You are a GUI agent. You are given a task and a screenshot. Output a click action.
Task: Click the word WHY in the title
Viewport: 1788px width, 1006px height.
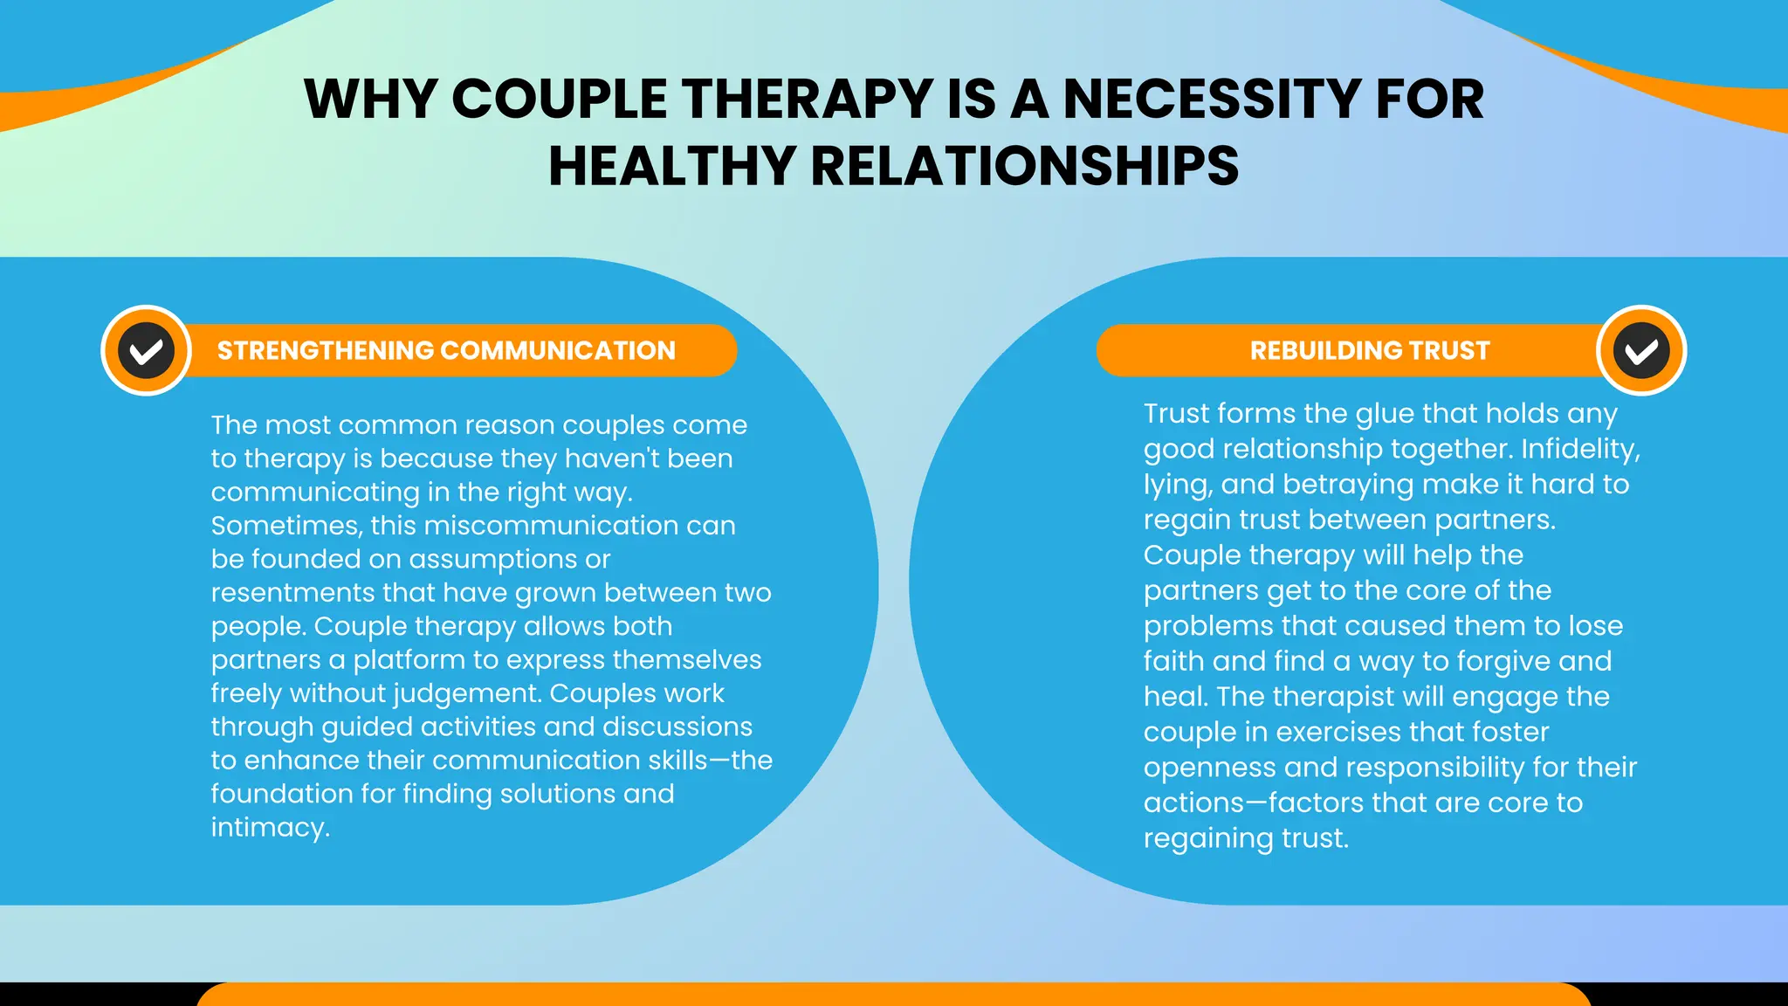(370, 99)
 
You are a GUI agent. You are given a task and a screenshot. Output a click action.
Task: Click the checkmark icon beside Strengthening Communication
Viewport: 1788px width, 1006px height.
(147, 350)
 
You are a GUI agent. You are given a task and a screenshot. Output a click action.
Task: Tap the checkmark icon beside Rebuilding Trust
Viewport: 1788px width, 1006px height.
(1641, 350)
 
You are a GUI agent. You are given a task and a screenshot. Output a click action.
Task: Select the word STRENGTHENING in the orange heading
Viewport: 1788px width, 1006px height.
(325, 350)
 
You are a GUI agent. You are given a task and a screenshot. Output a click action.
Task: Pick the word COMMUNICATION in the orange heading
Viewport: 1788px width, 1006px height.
(558, 350)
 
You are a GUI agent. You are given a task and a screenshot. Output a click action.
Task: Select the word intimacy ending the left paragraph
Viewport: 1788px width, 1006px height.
(270, 827)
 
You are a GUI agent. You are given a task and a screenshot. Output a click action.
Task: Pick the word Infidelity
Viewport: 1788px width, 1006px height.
(1580, 449)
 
